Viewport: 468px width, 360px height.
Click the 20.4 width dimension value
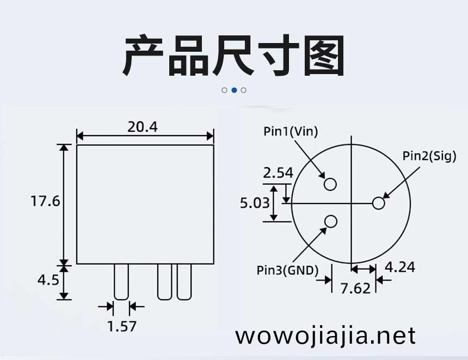(x=143, y=127)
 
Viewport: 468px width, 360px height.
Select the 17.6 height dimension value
(x=45, y=201)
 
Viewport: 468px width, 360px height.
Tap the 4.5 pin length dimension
(x=48, y=280)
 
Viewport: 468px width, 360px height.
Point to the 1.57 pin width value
(x=122, y=326)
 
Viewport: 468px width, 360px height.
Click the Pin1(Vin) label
(x=291, y=131)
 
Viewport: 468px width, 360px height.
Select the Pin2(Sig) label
(x=429, y=156)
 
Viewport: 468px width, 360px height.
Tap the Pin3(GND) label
(x=288, y=270)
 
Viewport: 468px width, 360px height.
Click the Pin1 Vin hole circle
(x=330, y=184)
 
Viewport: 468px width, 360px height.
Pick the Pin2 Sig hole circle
(x=378, y=203)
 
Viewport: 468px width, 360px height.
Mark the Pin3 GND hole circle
(x=331, y=222)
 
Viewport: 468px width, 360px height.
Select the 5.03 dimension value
(x=255, y=203)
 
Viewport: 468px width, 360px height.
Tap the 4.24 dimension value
(x=400, y=267)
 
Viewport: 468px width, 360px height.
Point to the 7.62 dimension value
(x=355, y=289)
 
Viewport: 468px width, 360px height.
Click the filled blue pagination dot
(x=235, y=90)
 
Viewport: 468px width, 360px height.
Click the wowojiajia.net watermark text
(x=325, y=336)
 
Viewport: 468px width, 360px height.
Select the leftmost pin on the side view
(x=121, y=282)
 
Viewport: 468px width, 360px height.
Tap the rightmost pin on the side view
(x=184, y=282)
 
